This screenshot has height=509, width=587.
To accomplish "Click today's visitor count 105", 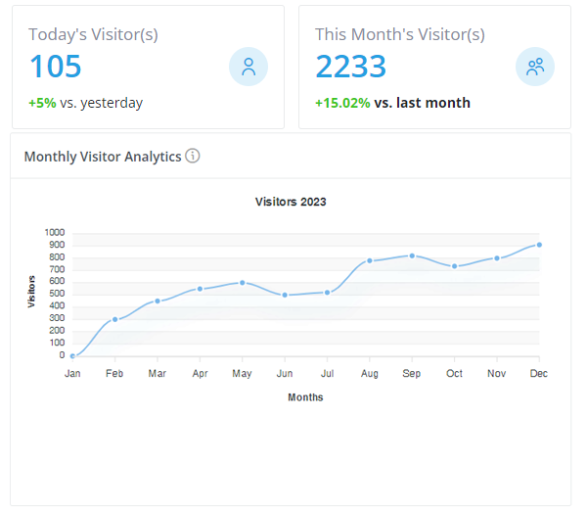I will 56,67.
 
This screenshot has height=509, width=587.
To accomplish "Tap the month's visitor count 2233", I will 350,67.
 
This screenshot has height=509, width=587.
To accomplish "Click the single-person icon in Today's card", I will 248,67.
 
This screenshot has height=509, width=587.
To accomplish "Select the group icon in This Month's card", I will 534,67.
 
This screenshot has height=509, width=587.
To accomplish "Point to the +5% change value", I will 42,103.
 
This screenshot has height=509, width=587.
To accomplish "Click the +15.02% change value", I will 342,103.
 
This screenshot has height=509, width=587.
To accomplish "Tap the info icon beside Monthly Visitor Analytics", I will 193,156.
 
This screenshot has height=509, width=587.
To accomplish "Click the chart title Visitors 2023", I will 291,202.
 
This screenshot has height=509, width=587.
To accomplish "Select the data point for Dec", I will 539,245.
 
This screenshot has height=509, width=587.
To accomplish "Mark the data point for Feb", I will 115,319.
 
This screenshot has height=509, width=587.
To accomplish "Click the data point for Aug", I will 370,260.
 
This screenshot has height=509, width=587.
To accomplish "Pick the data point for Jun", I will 285,295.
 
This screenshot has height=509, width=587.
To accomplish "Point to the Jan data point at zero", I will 72,356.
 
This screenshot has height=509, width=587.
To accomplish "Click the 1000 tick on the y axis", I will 54,233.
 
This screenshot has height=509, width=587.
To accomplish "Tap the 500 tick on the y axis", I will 56,295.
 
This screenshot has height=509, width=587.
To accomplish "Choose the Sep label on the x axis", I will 412,374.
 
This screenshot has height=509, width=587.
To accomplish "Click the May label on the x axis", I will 242,374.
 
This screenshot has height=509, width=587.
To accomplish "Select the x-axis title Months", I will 305,397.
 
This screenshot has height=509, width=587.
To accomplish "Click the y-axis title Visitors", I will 32,292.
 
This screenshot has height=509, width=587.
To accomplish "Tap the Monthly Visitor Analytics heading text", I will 103,157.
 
